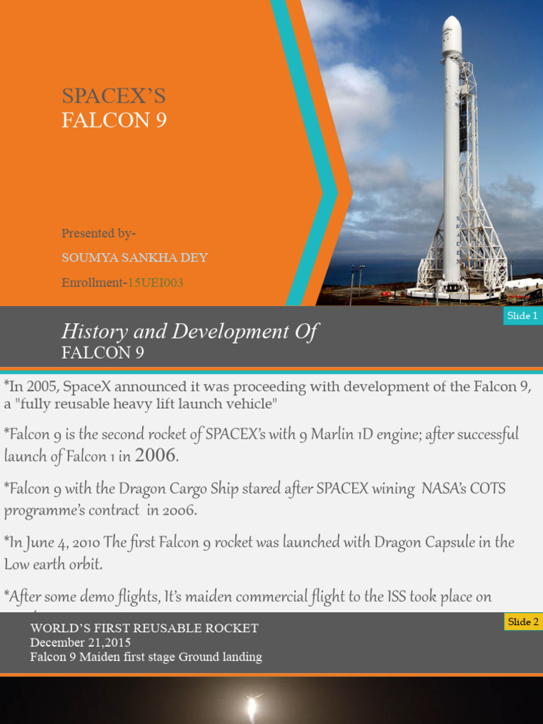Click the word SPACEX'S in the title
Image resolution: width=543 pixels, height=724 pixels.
pyautogui.click(x=113, y=96)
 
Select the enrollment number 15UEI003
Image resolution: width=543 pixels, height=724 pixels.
pyautogui.click(x=156, y=283)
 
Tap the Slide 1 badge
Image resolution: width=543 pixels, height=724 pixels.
pyautogui.click(x=522, y=316)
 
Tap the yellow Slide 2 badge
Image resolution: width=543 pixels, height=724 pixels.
pyautogui.click(x=522, y=622)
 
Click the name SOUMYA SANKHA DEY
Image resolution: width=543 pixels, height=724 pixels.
pyautogui.click(x=134, y=257)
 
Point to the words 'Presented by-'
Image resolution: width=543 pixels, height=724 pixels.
pyautogui.click(x=99, y=233)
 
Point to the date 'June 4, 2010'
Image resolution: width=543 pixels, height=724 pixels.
pyautogui.click(x=61, y=542)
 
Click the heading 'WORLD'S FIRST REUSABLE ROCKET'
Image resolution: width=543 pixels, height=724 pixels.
pyautogui.click(x=144, y=628)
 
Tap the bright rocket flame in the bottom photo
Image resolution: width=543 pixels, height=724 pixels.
pyautogui.click(x=250, y=707)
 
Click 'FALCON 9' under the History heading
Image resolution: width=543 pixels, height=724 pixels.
pyautogui.click(x=103, y=353)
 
